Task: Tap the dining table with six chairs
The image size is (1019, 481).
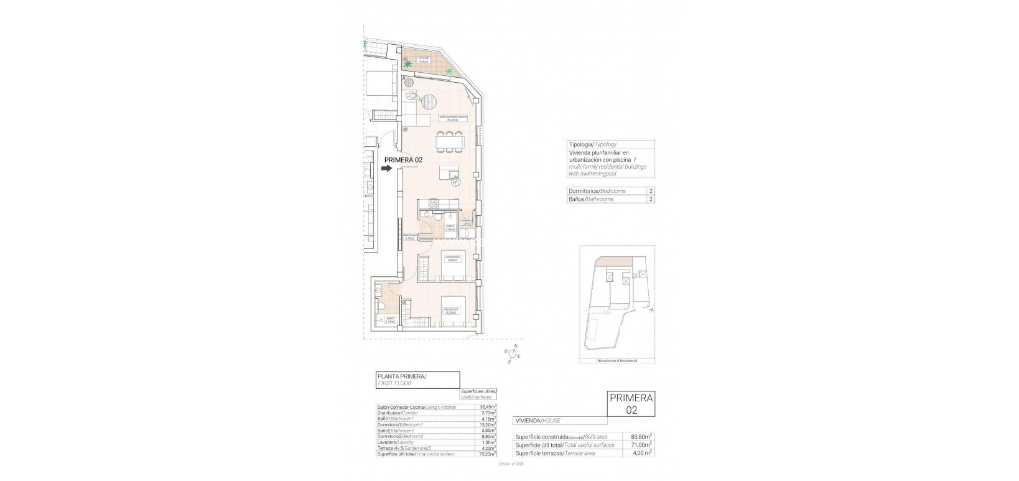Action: tap(450, 142)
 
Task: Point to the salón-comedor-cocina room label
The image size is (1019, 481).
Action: tap(453, 118)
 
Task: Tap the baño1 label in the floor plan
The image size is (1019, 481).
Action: tap(390, 321)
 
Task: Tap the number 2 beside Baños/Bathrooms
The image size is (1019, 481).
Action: tap(651, 199)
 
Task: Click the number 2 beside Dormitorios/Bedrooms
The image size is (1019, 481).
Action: tap(651, 191)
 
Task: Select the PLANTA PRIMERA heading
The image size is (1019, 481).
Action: tap(401, 376)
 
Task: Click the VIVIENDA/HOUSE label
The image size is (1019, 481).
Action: tap(537, 421)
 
